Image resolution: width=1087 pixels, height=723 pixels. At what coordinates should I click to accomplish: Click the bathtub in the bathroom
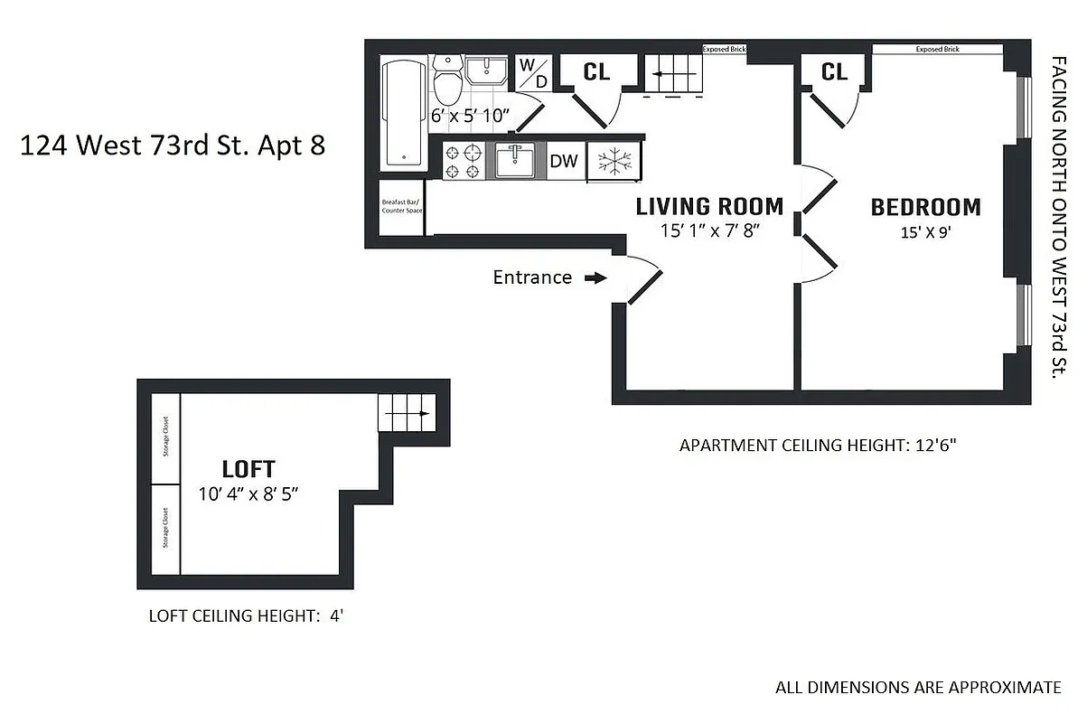pos(404,113)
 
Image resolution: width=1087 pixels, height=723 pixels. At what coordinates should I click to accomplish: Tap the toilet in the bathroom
pos(447,80)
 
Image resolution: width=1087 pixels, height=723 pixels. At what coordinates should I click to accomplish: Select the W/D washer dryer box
pos(533,73)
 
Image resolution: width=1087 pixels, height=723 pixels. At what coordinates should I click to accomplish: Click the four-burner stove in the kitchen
pos(464,161)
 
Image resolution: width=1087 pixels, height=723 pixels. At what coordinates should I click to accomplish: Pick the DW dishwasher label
pos(564,162)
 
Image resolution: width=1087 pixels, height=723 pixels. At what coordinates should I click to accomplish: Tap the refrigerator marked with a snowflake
pos(614,162)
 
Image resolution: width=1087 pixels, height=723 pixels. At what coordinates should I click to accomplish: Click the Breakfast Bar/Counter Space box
pos(398,209)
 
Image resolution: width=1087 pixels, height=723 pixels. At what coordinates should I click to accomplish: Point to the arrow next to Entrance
pos(595,278)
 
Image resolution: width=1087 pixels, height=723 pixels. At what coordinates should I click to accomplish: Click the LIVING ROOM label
pos(708,206)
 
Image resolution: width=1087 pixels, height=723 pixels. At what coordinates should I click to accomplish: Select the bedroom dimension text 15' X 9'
pos(924,231)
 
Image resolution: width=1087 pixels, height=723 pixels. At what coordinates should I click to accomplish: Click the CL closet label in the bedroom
pos(834,71)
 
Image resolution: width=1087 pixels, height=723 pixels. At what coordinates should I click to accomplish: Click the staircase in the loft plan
pos(405,414)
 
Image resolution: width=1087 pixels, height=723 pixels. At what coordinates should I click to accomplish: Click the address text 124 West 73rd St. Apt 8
pos(172,145)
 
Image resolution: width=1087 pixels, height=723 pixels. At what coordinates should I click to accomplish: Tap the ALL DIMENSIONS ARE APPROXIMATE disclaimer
pos(918,687)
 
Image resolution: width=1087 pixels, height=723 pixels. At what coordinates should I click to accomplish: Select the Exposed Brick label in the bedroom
pos(937,50)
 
